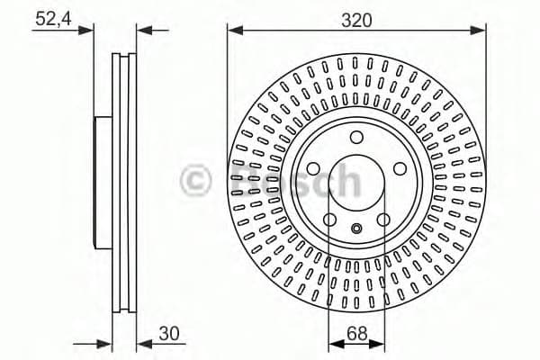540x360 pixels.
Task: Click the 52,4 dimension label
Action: tap(52, 18)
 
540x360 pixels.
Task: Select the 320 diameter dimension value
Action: tap(355, 17)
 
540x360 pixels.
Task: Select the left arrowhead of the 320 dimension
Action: tap(233, 31)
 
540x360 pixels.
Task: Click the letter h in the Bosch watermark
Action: tap(346, 179)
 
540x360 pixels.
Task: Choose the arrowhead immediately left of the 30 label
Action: tap(141, 343)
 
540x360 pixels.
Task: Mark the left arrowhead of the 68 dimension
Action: tap(333, 343)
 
